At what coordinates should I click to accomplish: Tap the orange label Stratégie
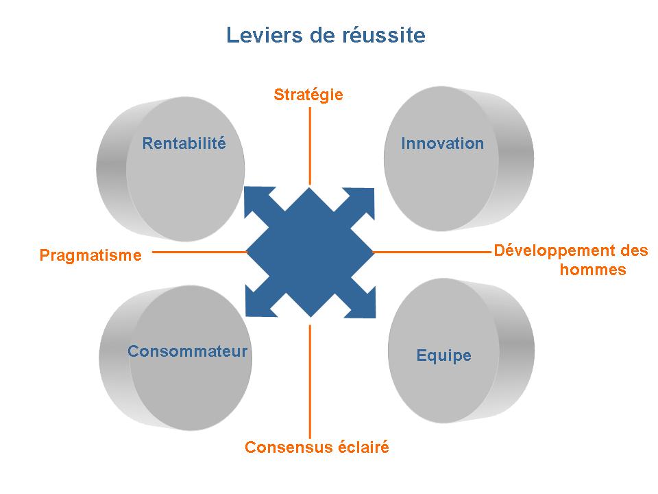pyautogui.click(x=308, y=95)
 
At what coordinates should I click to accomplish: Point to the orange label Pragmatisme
pyautogui.click(x=90, y=256)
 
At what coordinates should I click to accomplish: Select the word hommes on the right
pyautogui.click(x=593, y=270)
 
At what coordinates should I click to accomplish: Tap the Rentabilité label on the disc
pyautogui.click(x=184, y=143)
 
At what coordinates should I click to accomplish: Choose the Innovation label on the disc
pyautogui.click(x=442, y=143)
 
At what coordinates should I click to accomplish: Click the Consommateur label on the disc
pyautogui.click(x=187, y=352)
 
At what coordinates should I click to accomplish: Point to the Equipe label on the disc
pyautogui.click(x=444, y=355)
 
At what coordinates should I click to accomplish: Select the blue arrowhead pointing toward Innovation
pyautogui.click(x=365, y=198)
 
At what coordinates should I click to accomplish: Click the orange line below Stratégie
pyautogui.click(x=310, y=144)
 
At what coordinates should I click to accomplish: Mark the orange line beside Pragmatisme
pyautogui.click(x=199, y=252)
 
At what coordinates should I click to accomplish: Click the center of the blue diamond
pyautogui.click(x=310, y=252)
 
